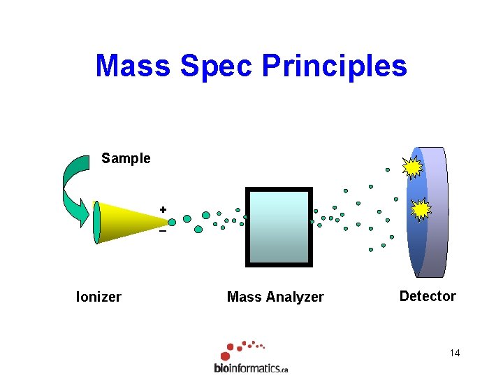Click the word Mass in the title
(x=133, y=66)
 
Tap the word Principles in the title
(x=334, y=66)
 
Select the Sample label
(x=126, y=158)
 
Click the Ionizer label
(x=99, y=297)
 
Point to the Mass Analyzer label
(x=275, y=297)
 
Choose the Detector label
(x=427, y=296)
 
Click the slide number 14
(x=455, y=353)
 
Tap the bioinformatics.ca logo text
(x=251, y=367)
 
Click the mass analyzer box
(x=279, y=227)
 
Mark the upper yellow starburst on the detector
(x=413, y=167)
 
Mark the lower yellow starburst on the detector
(x=421, y=209)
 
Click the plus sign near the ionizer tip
(x=163, y=209)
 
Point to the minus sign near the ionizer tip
(x=163, y=232)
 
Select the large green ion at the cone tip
(x=172, y=222)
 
